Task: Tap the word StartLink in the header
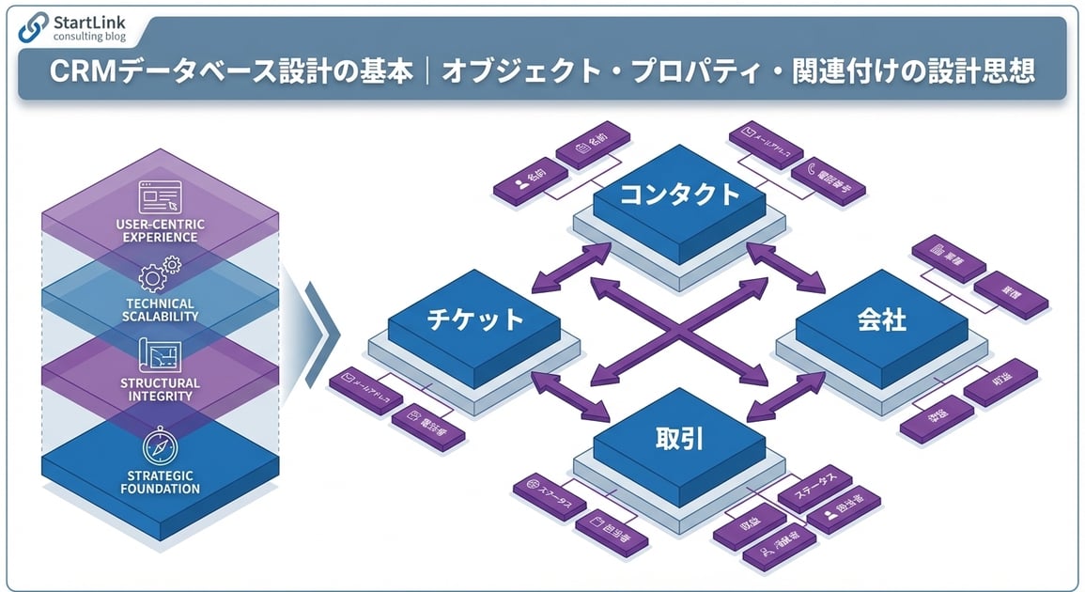tap(92, 22)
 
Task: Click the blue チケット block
tap(474, 319)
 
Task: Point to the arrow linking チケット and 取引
tap(569, 395)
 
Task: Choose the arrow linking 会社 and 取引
tap(786, 394)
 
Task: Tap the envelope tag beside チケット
tap(365, 386)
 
